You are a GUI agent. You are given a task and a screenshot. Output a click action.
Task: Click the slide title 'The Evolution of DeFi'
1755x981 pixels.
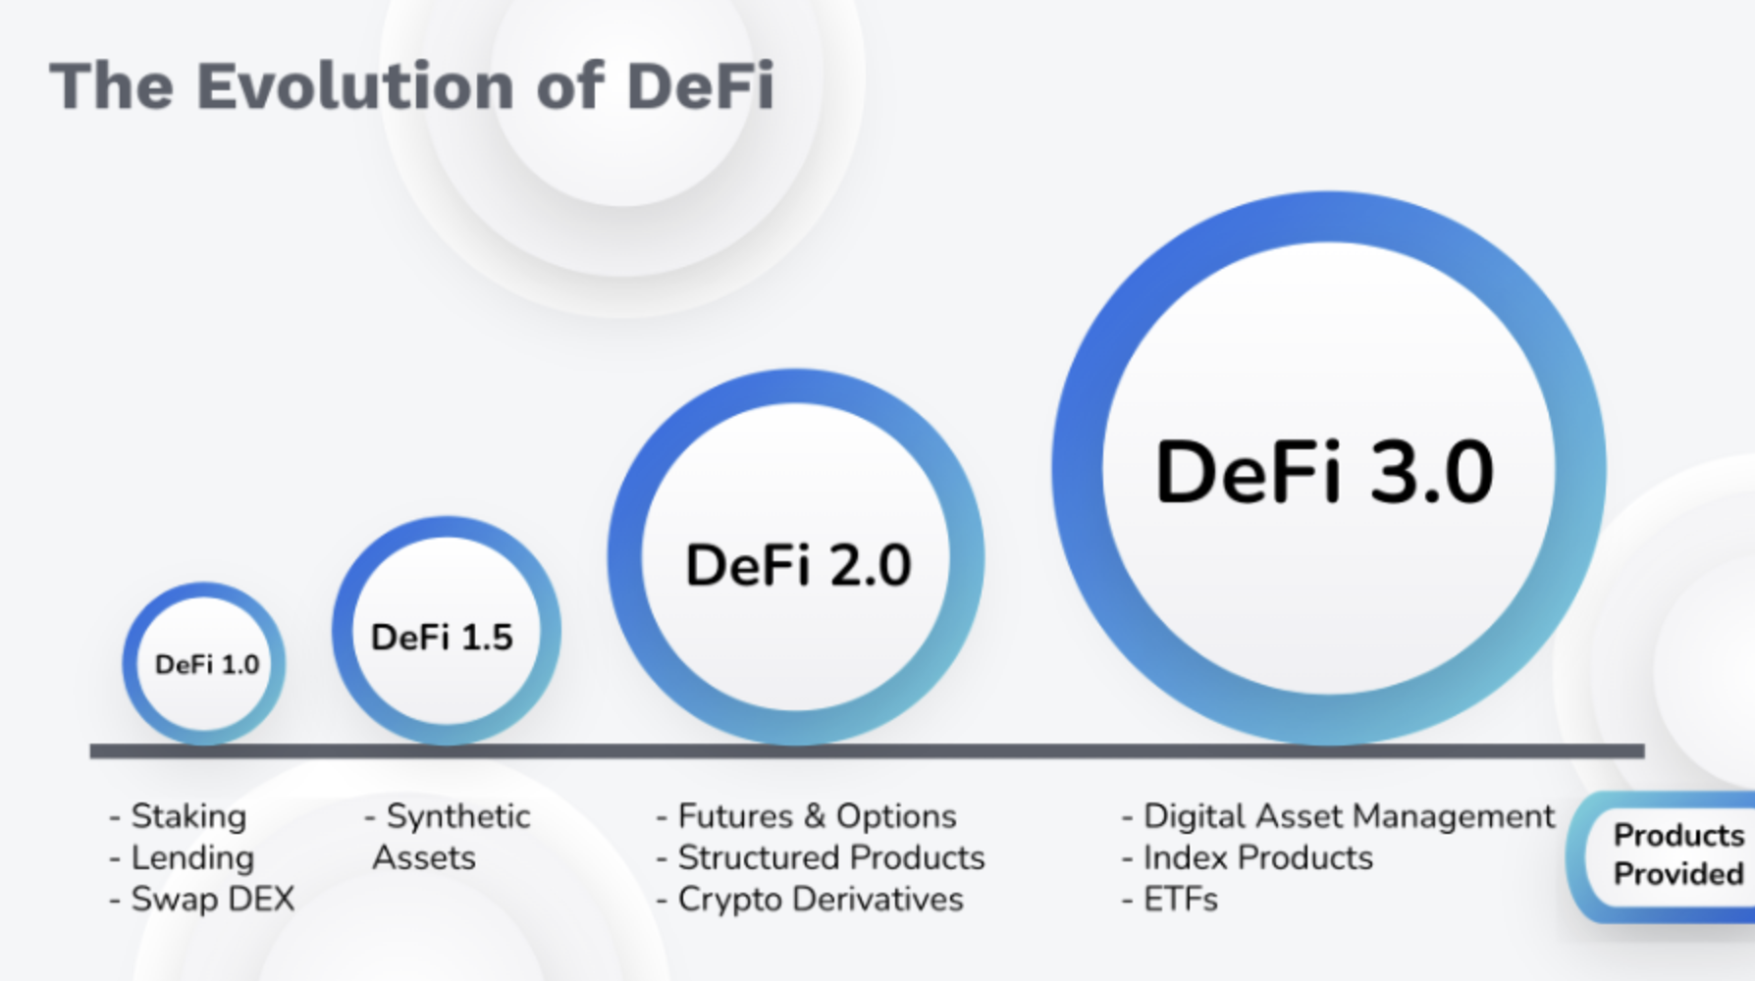point(412,85)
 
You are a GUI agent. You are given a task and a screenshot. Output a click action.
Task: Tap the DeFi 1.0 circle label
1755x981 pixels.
point(207,665)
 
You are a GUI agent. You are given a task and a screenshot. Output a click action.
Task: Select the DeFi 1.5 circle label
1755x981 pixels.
point(442,638)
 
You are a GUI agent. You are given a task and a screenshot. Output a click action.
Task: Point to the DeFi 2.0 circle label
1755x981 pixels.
point(798,565)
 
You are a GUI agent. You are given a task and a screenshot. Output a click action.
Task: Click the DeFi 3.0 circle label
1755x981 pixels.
point(1325,472)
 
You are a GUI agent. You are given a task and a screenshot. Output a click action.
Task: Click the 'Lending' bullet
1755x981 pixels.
point(182,857)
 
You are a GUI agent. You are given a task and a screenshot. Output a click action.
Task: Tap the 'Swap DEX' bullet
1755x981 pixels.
point(202,899)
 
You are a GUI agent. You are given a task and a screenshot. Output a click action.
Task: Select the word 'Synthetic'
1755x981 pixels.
point(458,816)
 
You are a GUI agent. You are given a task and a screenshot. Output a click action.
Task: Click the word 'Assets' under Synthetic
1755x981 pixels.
point(424,857)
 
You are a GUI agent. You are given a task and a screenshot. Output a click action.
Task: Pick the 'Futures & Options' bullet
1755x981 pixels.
point(807,816)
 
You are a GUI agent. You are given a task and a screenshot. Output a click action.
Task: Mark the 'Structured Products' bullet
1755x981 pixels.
point(821,857)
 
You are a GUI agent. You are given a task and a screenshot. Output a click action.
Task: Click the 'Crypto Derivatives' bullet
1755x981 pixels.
point(810,899)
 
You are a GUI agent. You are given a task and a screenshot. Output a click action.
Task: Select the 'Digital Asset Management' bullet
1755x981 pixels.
point(1339,816)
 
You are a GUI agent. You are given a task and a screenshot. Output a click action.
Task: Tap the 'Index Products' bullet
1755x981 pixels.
point(1248,857)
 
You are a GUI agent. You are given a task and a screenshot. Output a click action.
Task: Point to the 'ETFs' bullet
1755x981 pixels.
point(1170,899)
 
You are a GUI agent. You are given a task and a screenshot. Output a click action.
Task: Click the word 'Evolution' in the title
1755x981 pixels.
point(355,85)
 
